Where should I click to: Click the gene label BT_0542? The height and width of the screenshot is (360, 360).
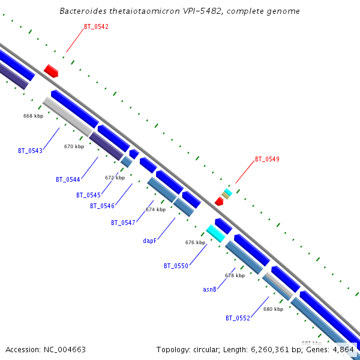[x=96, y=26]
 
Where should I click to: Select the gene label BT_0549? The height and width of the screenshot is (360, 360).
[x=267, y=159]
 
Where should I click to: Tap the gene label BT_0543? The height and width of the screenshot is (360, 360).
[x=30, y=151]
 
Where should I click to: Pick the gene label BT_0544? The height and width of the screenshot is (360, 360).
[x=68, y=179]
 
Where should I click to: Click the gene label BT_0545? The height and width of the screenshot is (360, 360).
[x=88, y=195]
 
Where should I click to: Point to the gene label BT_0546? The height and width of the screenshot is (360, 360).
[x=102, y=206]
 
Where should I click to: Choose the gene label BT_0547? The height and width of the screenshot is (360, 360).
[x=122, y=223]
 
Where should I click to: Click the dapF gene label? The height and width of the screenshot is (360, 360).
[x=149, y=241]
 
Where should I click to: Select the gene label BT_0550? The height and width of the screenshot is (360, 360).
[x=176, y=266]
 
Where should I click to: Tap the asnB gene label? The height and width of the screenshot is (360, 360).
[x=209, y=289]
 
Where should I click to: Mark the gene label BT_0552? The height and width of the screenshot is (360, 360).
[x=238, y=318]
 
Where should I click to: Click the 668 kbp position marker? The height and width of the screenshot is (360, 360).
[x=33, y=116]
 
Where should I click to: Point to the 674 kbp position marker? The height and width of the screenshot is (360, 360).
[x=155, y=209]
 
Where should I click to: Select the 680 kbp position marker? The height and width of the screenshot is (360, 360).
[x=273, y=309]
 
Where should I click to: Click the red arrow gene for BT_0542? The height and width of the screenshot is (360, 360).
[x=51, y=71]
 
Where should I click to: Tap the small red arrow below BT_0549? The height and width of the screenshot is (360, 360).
[x=219, y=202]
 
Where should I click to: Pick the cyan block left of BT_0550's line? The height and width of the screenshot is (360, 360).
[x=215, y=233]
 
